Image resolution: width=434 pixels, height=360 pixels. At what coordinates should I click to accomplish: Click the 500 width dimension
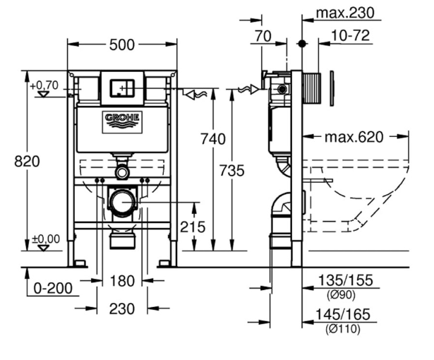(x=122, y=45)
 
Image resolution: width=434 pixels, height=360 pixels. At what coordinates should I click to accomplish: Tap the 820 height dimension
(x=27, y=161)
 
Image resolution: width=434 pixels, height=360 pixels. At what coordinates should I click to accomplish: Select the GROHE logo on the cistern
(x=122, y=122)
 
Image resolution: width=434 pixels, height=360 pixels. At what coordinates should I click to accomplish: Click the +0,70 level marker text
(x=44, y=85)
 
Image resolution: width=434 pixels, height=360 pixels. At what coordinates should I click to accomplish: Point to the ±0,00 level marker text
(x=46, y=239)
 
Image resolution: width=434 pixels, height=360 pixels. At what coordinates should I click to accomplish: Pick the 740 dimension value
(x=213, y=139)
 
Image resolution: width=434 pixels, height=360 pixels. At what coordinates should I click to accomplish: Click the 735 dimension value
(x=232, y=170)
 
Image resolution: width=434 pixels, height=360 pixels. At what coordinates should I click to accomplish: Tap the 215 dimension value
(x=193, y=227)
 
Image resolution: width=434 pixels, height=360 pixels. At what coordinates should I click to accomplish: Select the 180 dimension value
(x=122, y=281)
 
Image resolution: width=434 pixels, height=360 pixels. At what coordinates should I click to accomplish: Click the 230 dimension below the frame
(x=122, y=308)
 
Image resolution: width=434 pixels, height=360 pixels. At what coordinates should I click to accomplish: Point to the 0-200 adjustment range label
(x=53, y=288)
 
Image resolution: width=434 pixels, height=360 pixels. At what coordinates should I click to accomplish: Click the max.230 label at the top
(x=345, y=13)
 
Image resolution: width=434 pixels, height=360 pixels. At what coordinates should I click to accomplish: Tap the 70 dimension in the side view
(x=263, y=36)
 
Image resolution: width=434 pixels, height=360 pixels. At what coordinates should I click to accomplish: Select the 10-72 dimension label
(x=351, y=35)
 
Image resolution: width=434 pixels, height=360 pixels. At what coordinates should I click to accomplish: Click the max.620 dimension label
(x=354, y=137)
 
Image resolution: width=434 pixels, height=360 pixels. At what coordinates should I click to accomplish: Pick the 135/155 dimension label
(x=346, y=280)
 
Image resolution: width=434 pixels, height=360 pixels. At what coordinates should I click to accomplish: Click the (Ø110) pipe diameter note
(x=343, y=329)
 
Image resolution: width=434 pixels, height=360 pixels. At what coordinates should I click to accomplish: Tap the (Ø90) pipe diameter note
(x=341, y=295)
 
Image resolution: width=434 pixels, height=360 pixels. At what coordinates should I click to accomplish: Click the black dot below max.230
(x=302, y=44)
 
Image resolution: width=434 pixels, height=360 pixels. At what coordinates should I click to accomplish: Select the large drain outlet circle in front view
(x=121, y=203)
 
